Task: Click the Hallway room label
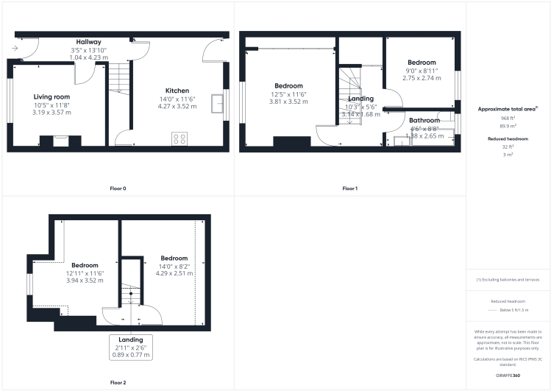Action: click(x=88, y=42)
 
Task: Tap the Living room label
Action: click(x=51, y=96)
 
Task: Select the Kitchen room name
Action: click(x=177, y=91)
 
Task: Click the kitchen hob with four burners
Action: click(x=179, y=137)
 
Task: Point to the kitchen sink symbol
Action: click(x=216, y=104)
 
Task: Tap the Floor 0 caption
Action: click(x=118, y=189)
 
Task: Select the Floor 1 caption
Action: click(x=349, y=189)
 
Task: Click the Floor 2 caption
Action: click(x=118, y=382)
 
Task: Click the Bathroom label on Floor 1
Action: click(x=424, y=120)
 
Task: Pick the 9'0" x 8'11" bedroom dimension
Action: click(x=422, y=71)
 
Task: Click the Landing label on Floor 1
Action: click(x=360, y=98)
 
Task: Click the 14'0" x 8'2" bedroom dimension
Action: click(x=174, y=266)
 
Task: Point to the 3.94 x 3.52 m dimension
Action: click(x=85, y=281)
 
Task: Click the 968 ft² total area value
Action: click(x=507, y=118)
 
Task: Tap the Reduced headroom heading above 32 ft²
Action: click(x=507, y=138)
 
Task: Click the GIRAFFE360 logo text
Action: click(x=507, y=376)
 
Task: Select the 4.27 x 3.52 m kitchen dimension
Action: click(x=177, y=106)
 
